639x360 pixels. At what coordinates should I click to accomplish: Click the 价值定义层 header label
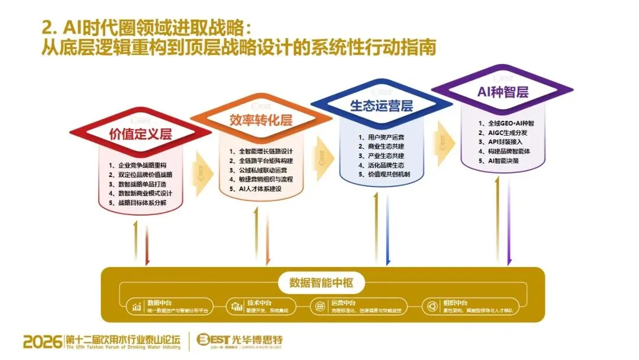[x=140, y=134]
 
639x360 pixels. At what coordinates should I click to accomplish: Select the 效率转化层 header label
[x=261, y=120]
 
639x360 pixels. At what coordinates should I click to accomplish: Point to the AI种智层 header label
[x=502, y=92]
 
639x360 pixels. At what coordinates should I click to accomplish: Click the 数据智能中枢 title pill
[x=321, y=283]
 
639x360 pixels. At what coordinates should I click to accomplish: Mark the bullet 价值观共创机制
[x=384, y=175]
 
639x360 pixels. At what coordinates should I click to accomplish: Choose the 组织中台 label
[x=456, y=303]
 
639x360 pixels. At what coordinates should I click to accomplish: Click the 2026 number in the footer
[x=43, y=342]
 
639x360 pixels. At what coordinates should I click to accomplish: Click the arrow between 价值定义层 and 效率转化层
[x=202, y=167]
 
